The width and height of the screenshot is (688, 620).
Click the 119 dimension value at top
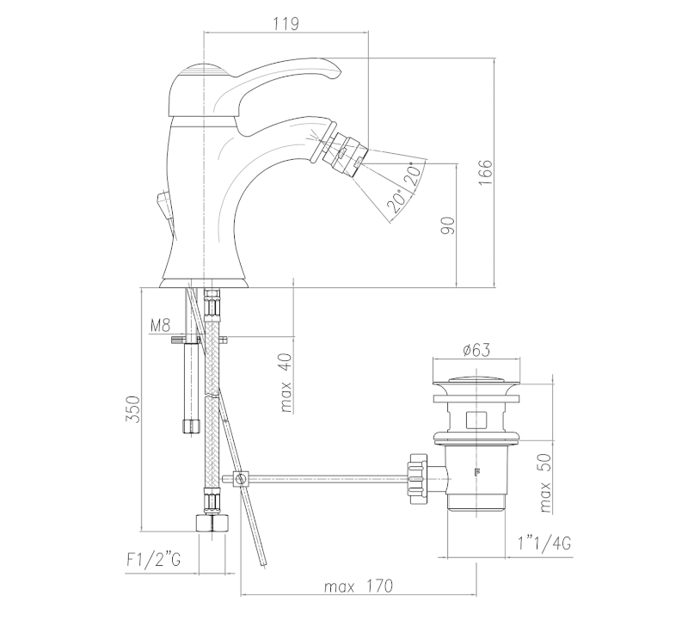(286, 24)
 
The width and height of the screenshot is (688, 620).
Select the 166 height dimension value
(485, 173)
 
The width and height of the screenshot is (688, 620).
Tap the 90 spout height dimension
(448, 225)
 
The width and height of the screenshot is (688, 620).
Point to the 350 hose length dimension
(133, 409)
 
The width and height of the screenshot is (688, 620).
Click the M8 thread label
(160, 326)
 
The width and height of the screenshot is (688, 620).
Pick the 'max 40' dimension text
(286, 383)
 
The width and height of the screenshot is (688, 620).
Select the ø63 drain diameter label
(476, 350)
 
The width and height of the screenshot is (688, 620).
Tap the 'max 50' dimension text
(544, 483)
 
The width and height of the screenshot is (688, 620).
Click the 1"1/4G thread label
(544, 543)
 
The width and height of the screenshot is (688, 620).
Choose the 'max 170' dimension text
(359, 586)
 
